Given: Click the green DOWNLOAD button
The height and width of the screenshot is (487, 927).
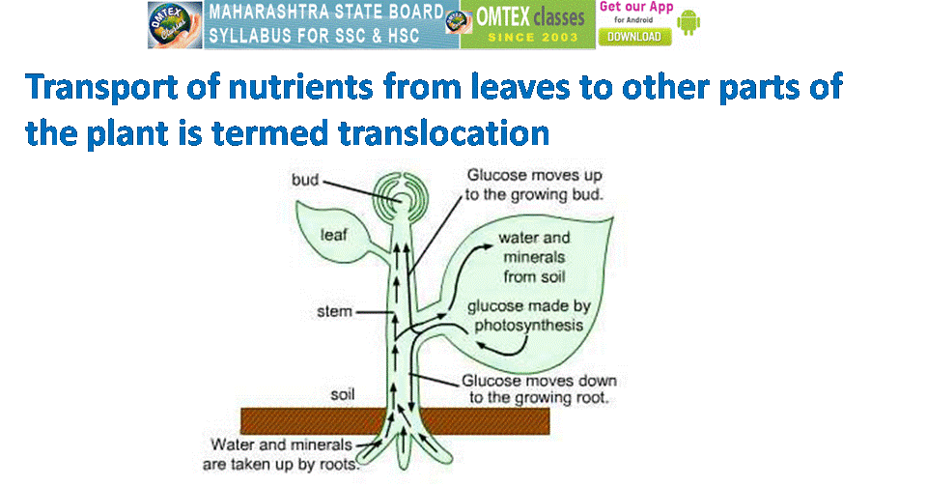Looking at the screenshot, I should pos(633,36).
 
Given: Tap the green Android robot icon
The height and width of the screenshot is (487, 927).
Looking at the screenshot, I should pos(688,22).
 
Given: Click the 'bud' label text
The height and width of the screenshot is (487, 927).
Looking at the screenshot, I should pos(306,181).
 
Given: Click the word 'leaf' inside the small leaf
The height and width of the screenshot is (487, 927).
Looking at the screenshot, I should pos(334,235).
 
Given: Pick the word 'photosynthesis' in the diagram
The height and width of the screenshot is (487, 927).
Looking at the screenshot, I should pos(526,326).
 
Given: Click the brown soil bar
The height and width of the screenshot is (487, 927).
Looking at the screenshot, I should pos(290,420).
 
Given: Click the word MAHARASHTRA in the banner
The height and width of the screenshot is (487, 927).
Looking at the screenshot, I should pos(267,14).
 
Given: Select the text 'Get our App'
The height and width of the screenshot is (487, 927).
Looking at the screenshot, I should pos(635,8).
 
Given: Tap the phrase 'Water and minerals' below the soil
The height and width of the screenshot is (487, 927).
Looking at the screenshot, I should pos(277,446).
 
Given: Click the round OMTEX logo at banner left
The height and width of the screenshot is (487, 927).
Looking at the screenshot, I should pos(175,24).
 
